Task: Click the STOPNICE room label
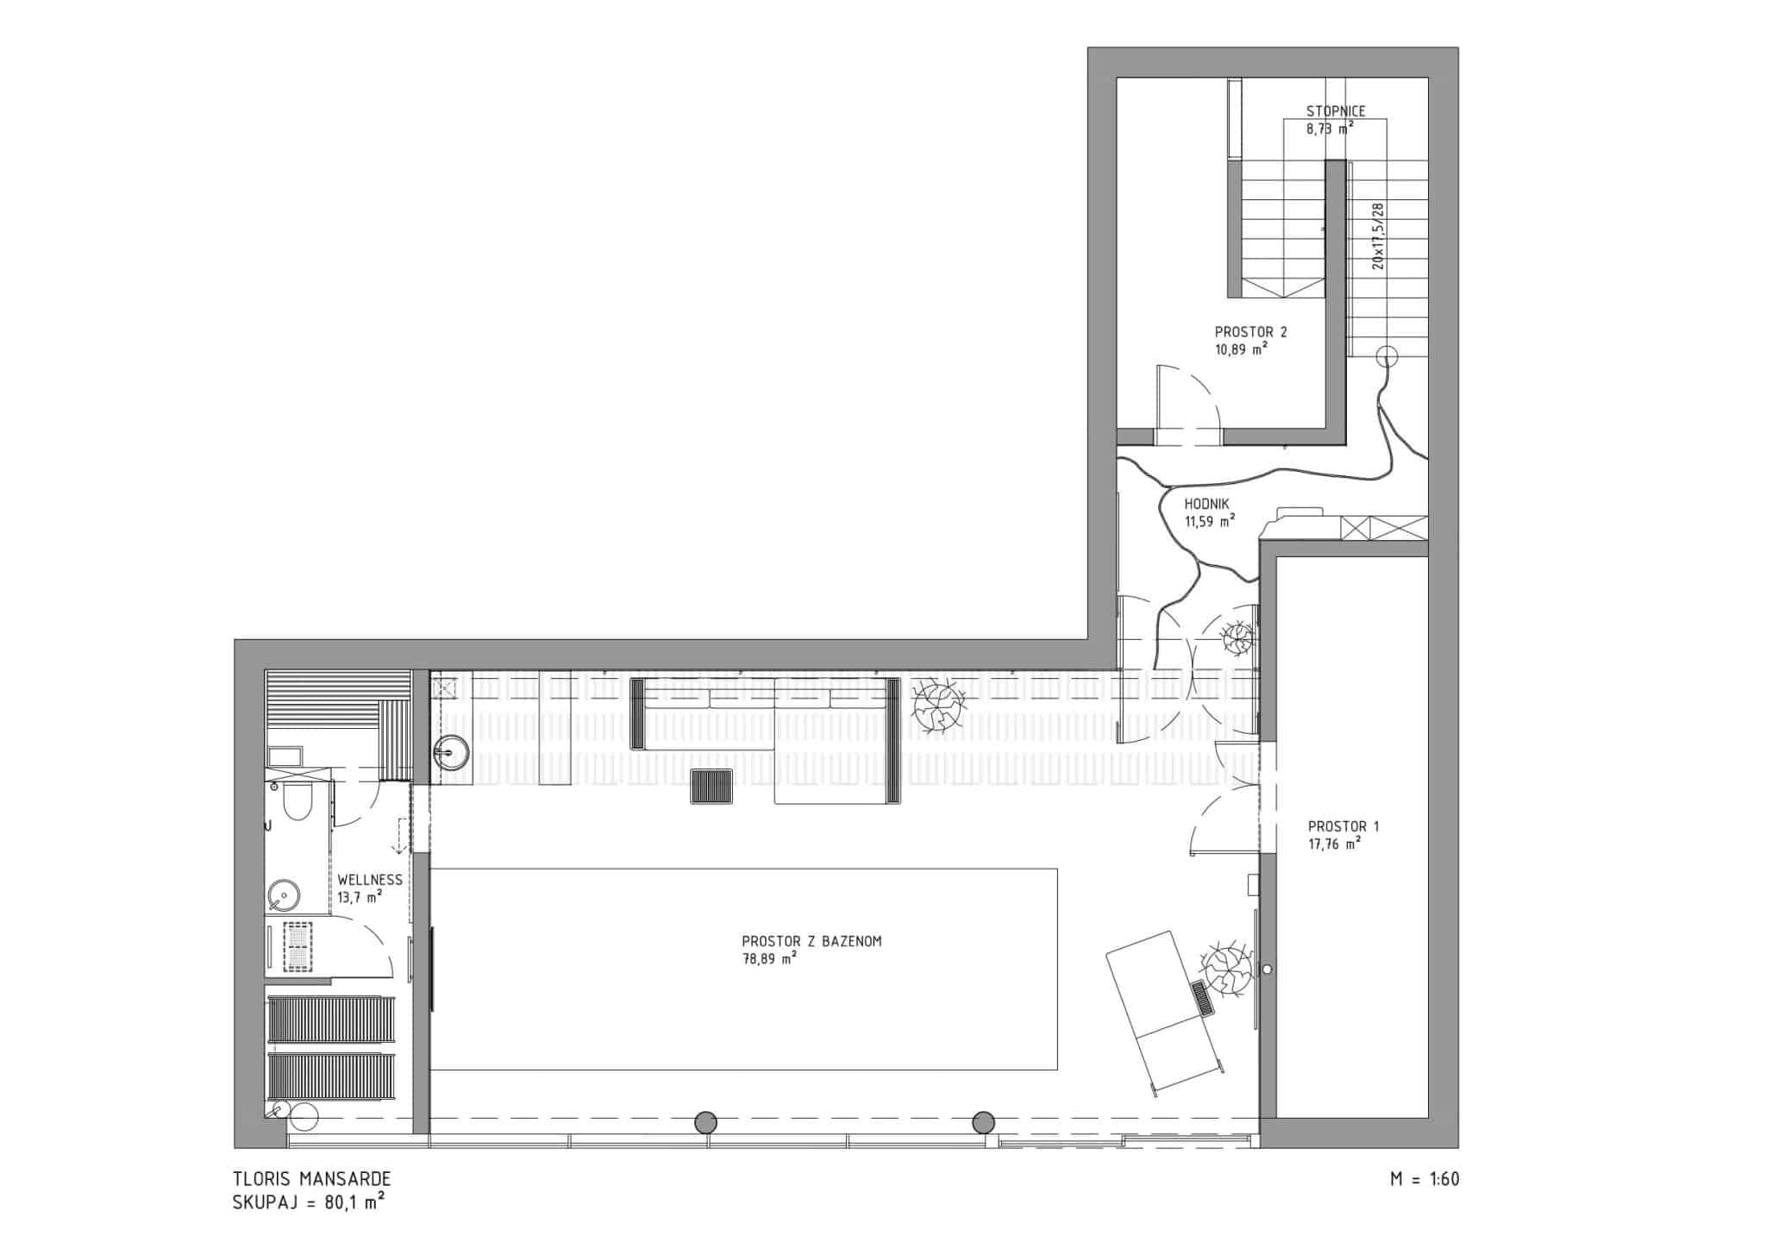tap(1335, 111)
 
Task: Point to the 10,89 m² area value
tap(1241, 348)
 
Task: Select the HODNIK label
tap(1206, 505)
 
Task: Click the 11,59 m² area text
tap(1210, 521)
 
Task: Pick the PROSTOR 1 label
tap(1343, 826)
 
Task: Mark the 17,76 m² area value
tap(1334, 844)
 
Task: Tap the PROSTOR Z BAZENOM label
tap(811, 942)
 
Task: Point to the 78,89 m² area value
tap(769, 958)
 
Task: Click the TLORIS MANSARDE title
tap(312, 1179)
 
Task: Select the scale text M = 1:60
tap(1425, 1179)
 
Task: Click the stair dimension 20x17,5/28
tap(1377, 236)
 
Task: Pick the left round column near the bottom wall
tap(705, 1122)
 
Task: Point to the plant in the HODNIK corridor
tap(1237, 637)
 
